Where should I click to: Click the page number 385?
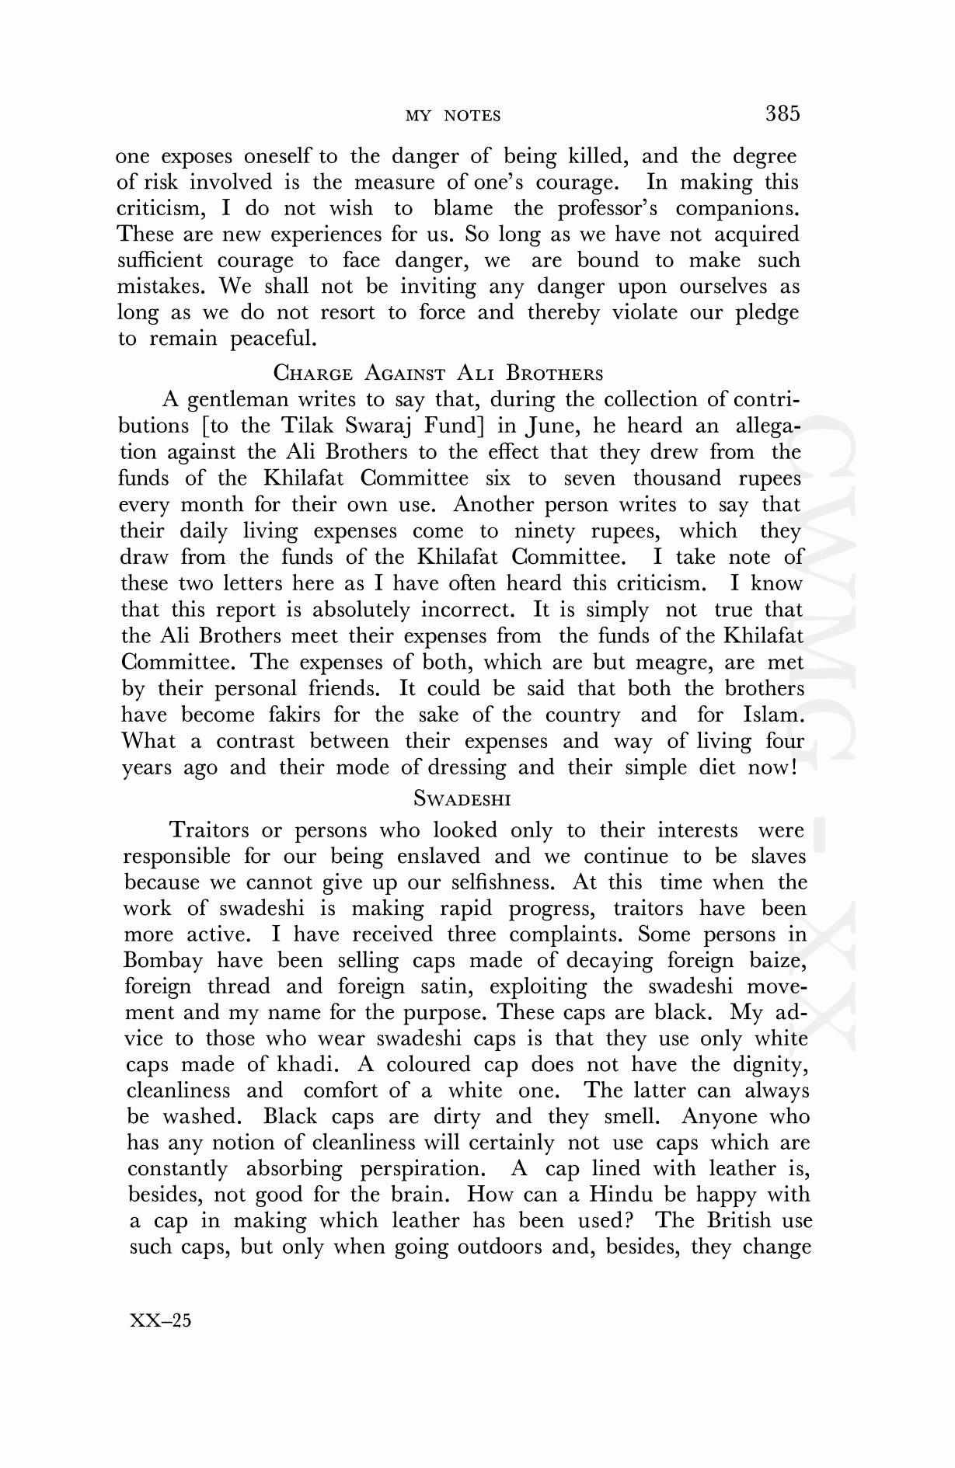(x=782, y=113)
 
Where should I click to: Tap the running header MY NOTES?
(x=453, y=117)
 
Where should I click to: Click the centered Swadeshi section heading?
(x=462, y=798)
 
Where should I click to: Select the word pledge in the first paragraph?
(x=767, y=313)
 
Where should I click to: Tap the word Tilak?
(x=307, y=426)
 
